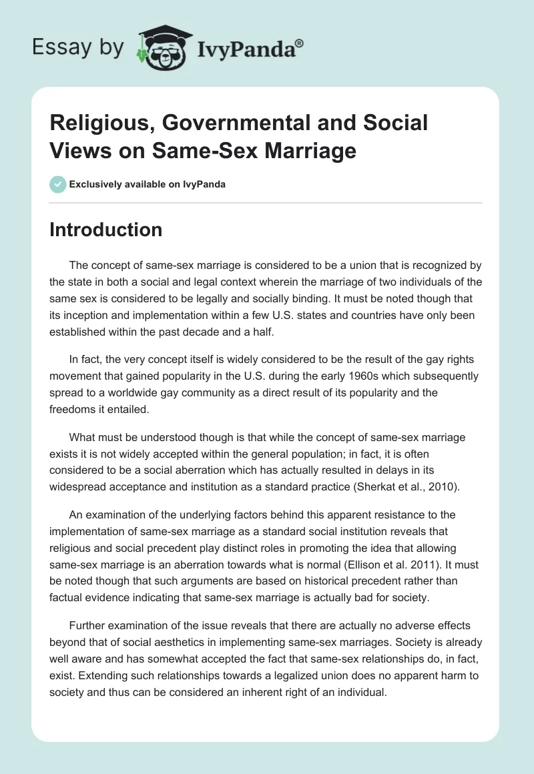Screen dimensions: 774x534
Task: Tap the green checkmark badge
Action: click(58, 184)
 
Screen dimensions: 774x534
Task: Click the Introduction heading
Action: click(106, 230)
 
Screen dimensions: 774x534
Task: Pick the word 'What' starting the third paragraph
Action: click(83, 438)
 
